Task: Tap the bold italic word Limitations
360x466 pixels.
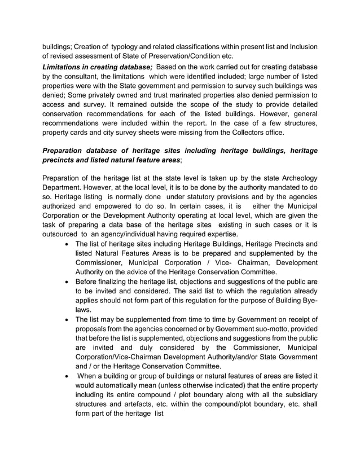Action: [67, 68]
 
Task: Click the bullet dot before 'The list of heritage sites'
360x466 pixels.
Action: [68, 244]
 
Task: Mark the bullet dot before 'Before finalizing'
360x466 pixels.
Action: [68, 281]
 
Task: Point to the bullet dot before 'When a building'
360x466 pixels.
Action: [68, 375]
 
